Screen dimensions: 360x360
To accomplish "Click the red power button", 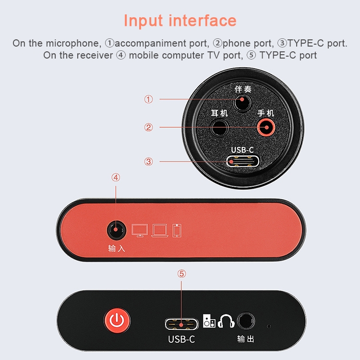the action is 117,320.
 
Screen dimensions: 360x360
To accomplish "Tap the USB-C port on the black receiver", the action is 181,324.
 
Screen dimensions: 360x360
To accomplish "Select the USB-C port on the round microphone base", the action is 243,161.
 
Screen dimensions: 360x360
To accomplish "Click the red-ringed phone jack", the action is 266,127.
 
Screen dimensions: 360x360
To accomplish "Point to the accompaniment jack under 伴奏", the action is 242,103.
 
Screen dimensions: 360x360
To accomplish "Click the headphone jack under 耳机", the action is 220,128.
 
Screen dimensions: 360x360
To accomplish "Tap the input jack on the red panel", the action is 117,230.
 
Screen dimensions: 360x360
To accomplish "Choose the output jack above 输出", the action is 246,321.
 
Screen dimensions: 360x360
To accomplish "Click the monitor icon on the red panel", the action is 140,230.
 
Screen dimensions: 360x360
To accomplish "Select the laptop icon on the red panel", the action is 160,230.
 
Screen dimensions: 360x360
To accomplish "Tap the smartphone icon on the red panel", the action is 177,230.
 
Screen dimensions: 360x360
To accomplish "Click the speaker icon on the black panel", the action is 209,321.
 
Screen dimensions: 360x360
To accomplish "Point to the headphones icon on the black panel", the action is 226,321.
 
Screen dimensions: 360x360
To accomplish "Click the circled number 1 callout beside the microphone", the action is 148,99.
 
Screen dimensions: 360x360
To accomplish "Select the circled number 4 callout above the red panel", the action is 116,178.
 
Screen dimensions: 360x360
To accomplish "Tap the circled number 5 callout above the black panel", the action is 181,274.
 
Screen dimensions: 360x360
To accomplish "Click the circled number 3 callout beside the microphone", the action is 148,162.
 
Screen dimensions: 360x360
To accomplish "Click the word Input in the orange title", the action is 144,21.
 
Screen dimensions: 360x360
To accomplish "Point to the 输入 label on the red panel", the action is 117,249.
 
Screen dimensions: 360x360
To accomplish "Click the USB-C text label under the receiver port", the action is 181,339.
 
